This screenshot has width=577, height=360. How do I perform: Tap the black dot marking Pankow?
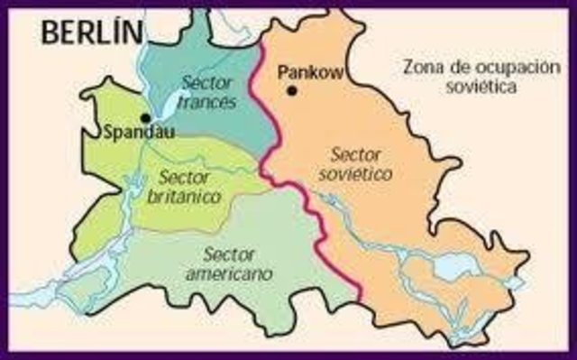point(292,91)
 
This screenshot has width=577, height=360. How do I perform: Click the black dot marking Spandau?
point(144,117)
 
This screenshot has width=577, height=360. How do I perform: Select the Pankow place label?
point(310,73)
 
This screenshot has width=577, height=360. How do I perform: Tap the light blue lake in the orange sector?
point(447,268)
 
